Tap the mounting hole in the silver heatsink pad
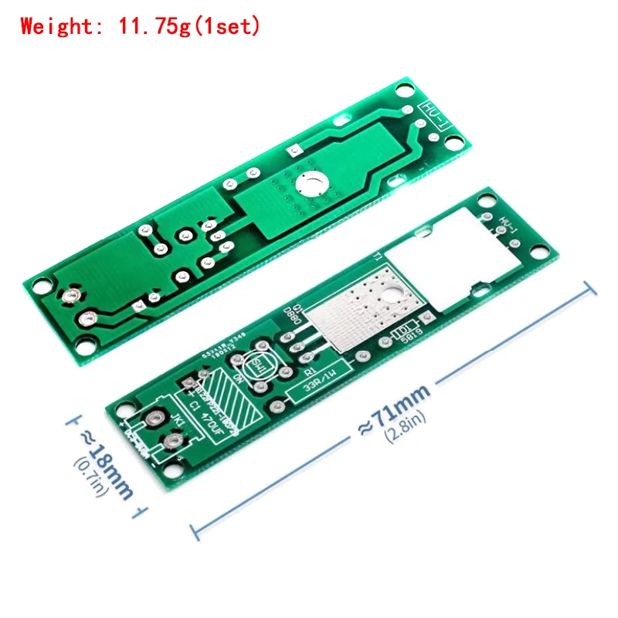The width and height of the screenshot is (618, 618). pos(392,292)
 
